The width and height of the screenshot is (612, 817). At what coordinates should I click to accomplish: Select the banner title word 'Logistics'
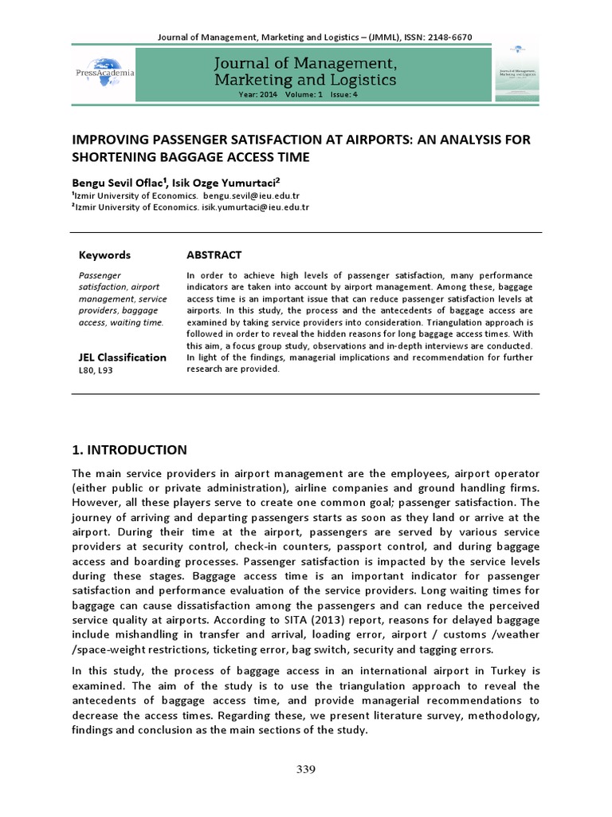click(359, 80)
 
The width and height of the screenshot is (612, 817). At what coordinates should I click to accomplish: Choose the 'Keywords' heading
click(104, 255)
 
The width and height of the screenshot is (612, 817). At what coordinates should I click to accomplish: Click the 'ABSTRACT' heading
click(214, 255)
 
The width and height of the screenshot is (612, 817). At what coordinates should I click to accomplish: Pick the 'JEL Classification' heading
click(122, 357)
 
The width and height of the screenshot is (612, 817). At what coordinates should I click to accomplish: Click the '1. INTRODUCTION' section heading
click(130, 449)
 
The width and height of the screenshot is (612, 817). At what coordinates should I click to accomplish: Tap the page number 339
click(306, 769)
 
